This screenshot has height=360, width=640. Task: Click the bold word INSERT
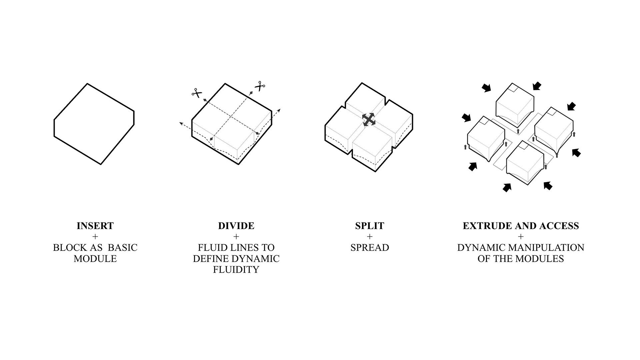(95, 226)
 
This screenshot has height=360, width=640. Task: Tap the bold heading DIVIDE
(236, 226)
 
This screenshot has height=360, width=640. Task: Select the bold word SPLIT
(369, 226)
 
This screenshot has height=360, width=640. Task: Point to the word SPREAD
(370, 248)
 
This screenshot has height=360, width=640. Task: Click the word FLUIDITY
(236, 269)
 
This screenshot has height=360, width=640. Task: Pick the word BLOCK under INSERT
(68, 248)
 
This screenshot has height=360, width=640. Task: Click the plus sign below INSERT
(95, 237)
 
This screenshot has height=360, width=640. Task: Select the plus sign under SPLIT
(369, 237)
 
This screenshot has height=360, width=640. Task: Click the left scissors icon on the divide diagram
(197, 93)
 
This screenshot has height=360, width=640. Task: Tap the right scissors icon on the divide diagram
(260, 86)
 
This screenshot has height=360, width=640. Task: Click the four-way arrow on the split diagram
(369, 119)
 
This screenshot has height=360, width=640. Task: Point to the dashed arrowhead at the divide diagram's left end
(181, 124)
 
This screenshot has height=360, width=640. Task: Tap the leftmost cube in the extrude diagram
(486, 138)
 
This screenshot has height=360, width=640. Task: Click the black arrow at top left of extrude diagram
(486, 88)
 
